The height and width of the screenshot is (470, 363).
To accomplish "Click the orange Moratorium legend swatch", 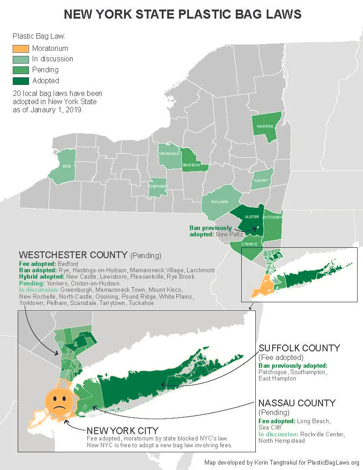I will (x=20, y=48).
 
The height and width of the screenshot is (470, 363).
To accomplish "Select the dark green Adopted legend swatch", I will (x=20, y=80).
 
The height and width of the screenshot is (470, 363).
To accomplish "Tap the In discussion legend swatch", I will (x=20, y=59).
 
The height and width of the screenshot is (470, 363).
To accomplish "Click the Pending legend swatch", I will (x=20, y=70).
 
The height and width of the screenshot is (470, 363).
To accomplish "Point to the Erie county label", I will (x=67, y=166).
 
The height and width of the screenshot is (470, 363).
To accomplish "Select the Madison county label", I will (x=191, y=165).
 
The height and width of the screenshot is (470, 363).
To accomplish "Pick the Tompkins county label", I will (x=159, y=186).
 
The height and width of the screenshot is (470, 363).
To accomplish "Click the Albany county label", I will (x=262, y=180).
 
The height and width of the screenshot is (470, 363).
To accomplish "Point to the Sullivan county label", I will (x=219, y=201).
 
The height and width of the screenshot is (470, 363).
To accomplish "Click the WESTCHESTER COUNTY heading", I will (x=73, y=255).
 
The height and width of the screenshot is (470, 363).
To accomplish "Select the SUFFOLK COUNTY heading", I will (x=299, y=348).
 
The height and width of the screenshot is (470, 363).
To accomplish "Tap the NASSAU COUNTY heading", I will (x=297, y=403).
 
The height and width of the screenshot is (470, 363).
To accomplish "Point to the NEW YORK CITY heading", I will (x=123, y=430).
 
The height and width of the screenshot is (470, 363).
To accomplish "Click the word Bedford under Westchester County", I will (x=69, y=264).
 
